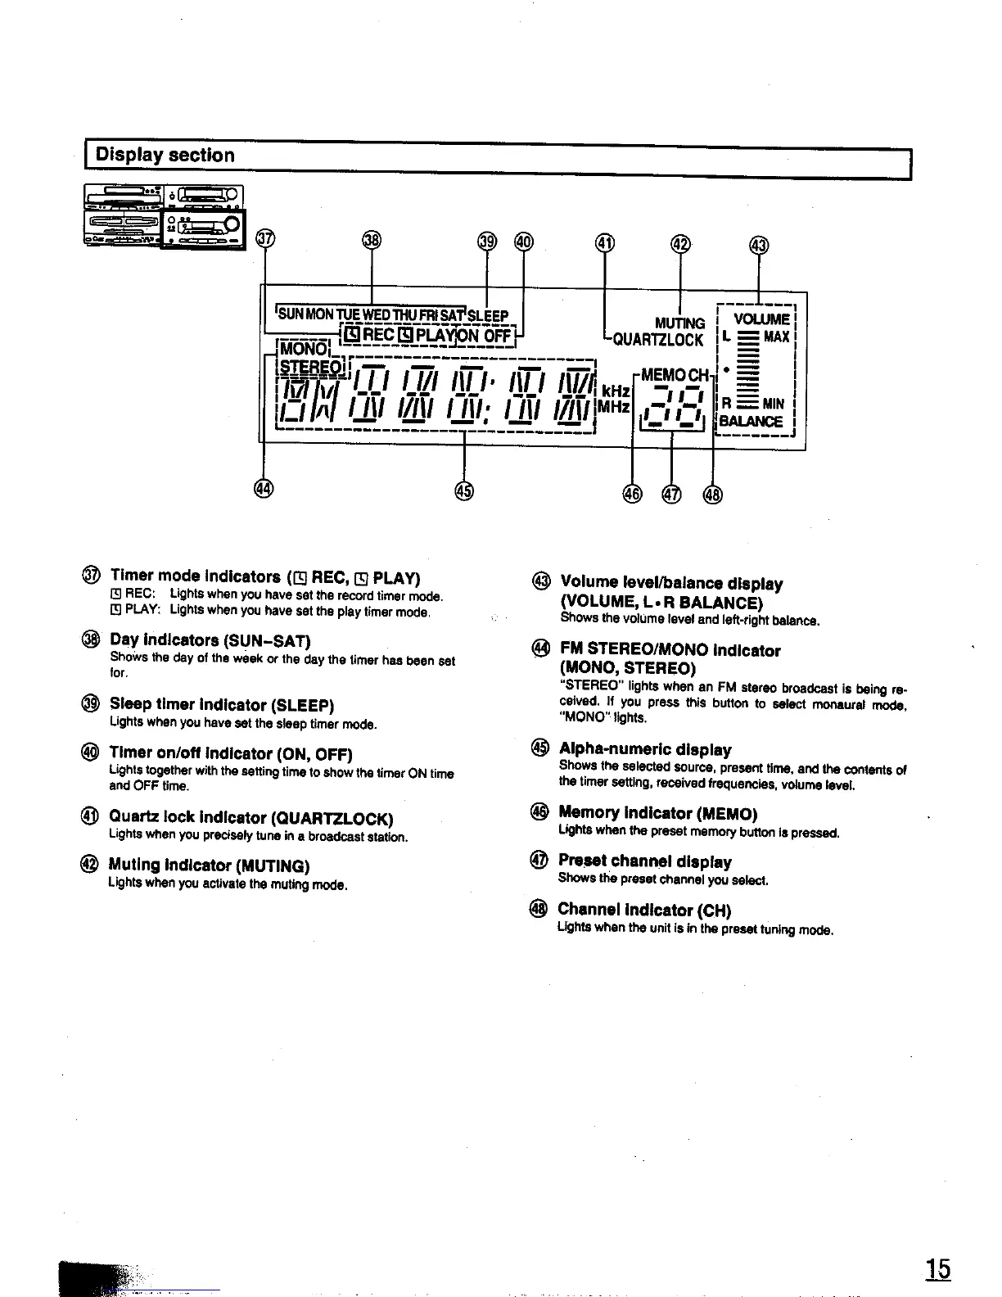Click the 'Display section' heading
[165, 156]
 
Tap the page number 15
[938, 1269]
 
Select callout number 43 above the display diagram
[759, 245]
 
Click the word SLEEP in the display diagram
[488, 316]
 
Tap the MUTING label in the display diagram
[680, 323]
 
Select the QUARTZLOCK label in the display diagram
[658, 340]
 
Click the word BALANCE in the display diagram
[751, 422]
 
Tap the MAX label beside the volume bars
[776, 337]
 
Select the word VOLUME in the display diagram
[761, 319]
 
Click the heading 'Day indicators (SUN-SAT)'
[210, 640]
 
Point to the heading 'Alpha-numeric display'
[645, 749]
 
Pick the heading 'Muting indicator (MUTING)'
[209, 865]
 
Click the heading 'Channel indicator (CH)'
[644, 910]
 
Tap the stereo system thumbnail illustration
[165, 216]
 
